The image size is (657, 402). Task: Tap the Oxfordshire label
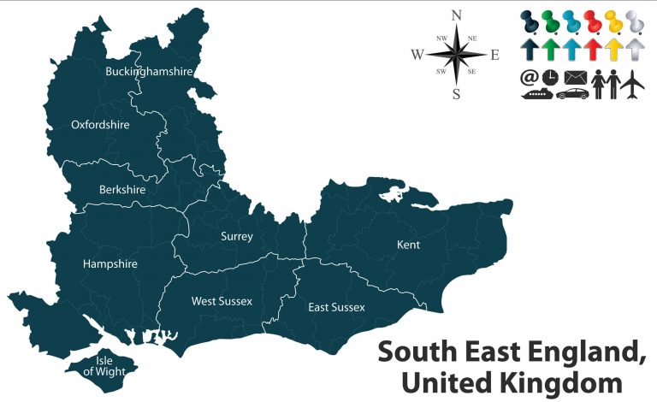coord(100,125)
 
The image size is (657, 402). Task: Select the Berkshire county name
coord(122,189)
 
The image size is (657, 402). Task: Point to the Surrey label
coord(236,236)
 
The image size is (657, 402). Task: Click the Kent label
coord(408,245)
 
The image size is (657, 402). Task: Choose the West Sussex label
coord(222,301)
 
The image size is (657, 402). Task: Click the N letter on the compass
coord(456,15)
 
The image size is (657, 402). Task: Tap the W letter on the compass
coord(417,55)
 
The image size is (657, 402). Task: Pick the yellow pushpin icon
coord(613,22)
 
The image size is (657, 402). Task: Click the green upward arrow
coord(550,49)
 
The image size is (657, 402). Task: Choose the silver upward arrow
coord(635,49)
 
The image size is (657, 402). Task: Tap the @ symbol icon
coord(530,78)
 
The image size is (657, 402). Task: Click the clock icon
coord(550,78)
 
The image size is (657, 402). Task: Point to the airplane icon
coord(632,84)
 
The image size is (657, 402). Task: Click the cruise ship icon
coord(536,93)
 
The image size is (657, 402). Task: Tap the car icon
coord(571,93)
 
